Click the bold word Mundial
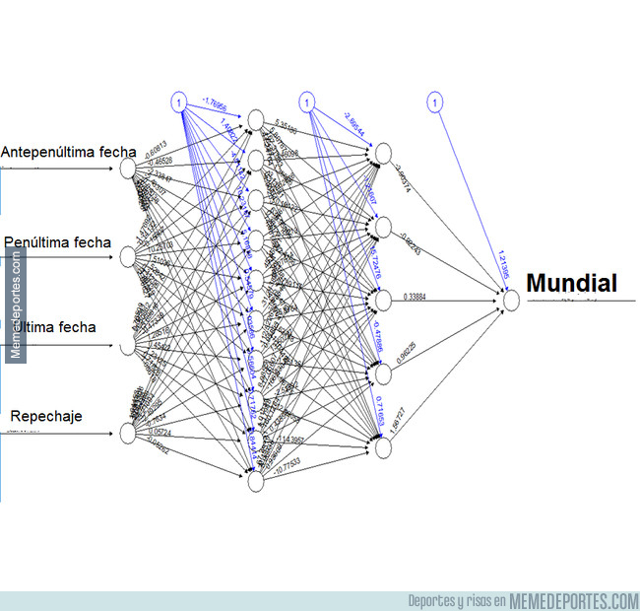click(572, 285)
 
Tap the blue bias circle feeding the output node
click(434, 102)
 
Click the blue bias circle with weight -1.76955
click(178, 102)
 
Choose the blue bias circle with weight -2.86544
click(306, 102)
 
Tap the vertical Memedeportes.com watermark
click(15, 305)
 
